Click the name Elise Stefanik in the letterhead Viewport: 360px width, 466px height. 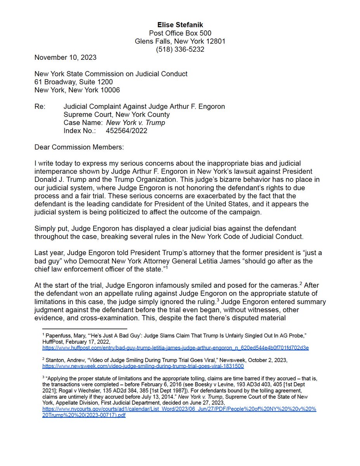(x=180, y=25)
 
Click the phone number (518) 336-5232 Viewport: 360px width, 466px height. (x=180, y=49)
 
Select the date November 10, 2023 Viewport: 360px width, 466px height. (x=66, y=57)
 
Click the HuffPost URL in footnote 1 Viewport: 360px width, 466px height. (x=175, y=348)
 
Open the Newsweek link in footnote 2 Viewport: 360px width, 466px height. (x=143, y=366)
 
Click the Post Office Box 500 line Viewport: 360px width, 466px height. (x=180, y=33)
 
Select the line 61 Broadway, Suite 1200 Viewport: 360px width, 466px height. (x=74, y=82)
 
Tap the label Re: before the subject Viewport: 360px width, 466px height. (x=39, y=106)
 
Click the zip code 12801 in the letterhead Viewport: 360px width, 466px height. (x=216, y=41)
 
